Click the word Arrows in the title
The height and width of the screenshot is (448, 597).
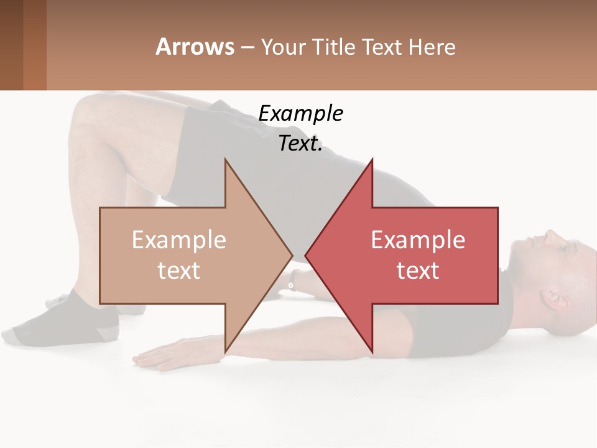tap(195, 47)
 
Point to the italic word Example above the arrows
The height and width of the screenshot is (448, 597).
tap(300, 114)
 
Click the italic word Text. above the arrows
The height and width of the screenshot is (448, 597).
tap(300, 144)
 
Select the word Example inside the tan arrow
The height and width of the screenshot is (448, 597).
tap(179, 240)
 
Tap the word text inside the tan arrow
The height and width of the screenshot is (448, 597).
tap(179, 271)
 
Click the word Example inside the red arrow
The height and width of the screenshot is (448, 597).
tap(418, 240)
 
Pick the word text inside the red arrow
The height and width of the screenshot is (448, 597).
tap(418, 271)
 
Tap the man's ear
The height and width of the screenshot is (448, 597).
tap(555, 299)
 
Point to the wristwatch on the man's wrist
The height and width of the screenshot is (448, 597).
tap(291, 285)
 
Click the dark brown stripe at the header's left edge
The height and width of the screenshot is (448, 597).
tap(11, 45)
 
